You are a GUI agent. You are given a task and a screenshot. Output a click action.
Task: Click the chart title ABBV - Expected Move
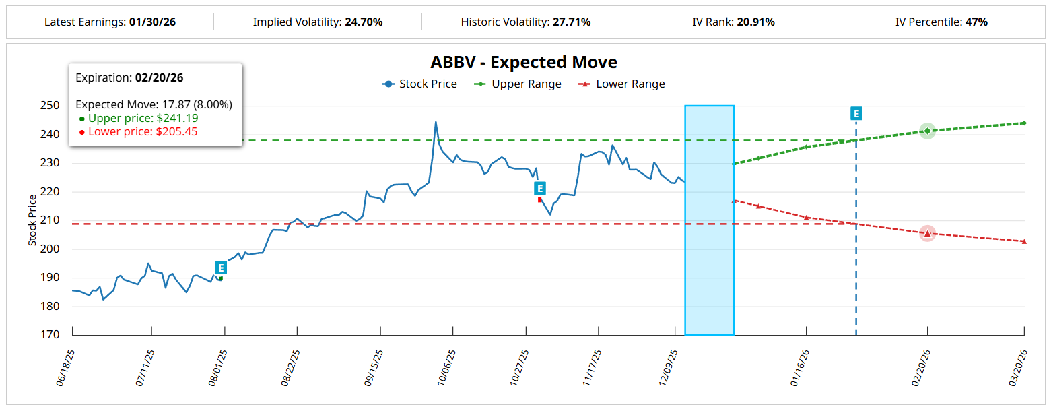[524, 63]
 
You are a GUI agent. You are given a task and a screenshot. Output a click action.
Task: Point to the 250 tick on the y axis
[50, 106]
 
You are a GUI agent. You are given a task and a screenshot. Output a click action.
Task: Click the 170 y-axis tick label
[50, 335]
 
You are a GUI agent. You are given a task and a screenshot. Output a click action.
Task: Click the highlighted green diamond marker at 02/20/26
[927, 131]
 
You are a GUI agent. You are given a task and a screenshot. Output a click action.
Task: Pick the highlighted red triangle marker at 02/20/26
[927, 234]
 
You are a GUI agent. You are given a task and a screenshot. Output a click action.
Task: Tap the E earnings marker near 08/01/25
[221, 268]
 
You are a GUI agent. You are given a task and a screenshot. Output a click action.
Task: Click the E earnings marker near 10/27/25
[539, 188]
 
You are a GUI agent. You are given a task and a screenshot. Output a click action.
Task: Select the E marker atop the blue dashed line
[856, 113]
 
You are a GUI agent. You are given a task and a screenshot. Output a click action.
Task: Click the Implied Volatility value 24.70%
[364, 22]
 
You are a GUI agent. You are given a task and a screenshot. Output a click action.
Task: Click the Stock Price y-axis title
[32, 220]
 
